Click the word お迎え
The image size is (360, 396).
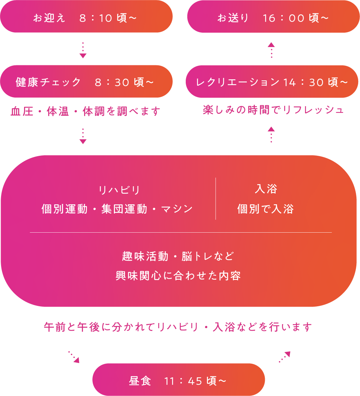tap(49, 18)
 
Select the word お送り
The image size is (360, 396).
tap(233, 18)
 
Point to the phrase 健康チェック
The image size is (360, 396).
tap(49, 82)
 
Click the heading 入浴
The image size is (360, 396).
tap(266, 189)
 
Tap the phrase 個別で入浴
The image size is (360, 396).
tap(266, 209)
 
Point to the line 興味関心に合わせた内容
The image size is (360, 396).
tap(178, 276)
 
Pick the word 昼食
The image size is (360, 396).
tap(140, 381)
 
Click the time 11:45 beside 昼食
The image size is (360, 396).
tap(183, 381)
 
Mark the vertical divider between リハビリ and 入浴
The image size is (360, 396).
tap(216, 199)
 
